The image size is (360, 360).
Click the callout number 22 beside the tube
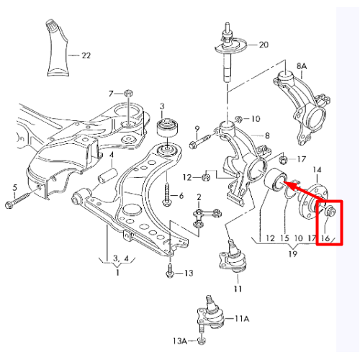pos(86,55)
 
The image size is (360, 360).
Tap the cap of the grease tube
pos(51,25)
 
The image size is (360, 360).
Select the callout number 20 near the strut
pos(264,45)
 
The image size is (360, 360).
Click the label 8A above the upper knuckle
pos(302,66)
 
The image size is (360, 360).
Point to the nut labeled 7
pos(129,93)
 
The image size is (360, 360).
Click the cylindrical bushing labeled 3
pos(167,127)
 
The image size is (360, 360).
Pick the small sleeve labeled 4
pos(107,177)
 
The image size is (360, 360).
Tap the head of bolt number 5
pos(9,204)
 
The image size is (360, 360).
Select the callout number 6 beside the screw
pos(181,196)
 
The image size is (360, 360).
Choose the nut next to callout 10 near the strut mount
pos(238,119)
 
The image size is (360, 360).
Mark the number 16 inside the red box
pos(325,238)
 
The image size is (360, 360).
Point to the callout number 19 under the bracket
pos(293,253)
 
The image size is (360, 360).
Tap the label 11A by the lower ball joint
pos(242,318)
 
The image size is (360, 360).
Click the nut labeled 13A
pos(202,340)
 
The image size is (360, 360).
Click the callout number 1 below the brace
pos(117,272)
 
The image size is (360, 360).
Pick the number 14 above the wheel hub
pos(317,170)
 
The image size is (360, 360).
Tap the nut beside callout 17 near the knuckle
pos(284,159)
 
